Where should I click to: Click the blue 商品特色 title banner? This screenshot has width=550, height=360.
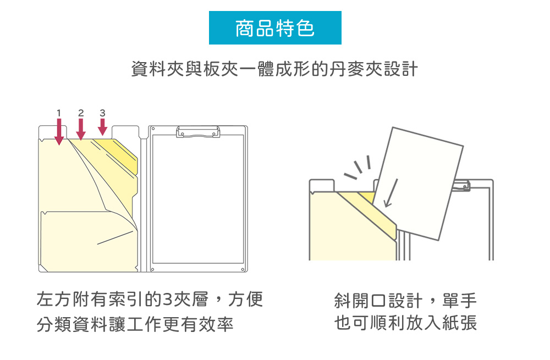(x=275, y=27)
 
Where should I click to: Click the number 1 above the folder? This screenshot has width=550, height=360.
(x=59, y=113)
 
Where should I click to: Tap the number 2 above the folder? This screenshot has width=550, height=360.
(x=81, y=113)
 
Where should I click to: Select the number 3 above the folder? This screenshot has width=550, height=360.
(x=102, y=113)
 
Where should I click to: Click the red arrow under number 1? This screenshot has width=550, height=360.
(x=59, y=131)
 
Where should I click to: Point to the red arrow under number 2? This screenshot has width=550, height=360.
(x=81, y=129)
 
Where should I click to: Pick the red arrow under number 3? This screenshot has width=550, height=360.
(x=102, y=127)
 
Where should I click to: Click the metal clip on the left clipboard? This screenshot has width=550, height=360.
(x=198, y=132)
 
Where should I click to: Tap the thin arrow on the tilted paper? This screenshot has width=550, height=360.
(x=391, y=193)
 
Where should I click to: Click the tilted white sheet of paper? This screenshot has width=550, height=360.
(x=417, y=184)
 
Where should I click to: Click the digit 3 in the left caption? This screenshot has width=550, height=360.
(x=168, y=300)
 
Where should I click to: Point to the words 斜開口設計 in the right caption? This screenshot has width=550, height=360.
(x=378, y=301)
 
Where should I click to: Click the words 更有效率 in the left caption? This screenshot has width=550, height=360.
(x=198, y=324)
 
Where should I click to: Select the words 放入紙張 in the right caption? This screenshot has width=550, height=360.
(x=441, y=323)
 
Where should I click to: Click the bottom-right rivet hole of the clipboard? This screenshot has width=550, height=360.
(x=243, y=269)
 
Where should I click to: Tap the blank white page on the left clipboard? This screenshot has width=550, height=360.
(x=198, y=199)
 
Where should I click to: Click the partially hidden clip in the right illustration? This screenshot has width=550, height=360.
(x=463, y=186)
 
